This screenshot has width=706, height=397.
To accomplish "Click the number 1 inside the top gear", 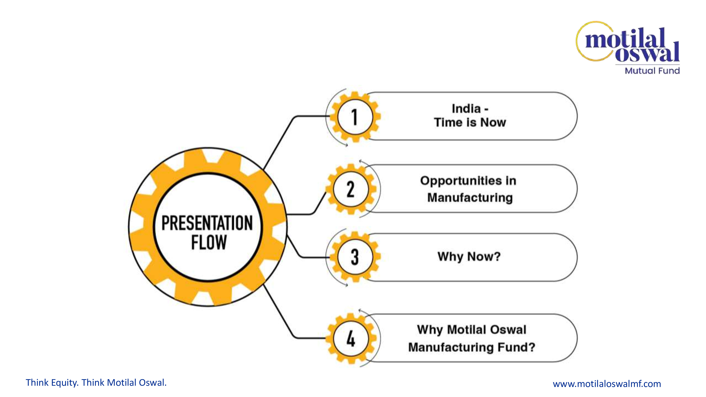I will click(x=355, y=117).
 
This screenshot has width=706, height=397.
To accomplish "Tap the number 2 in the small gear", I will click(x=351, y=189).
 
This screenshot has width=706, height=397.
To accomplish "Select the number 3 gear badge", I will click(x=355, y=257).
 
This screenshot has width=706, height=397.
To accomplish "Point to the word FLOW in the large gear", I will click(x=209, y=242).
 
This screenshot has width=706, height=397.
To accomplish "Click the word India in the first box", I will click(x=466, y=109).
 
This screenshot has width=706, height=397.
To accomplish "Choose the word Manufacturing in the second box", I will click(x=470, y=198).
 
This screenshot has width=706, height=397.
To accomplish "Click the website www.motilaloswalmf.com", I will click(x=607, y=384).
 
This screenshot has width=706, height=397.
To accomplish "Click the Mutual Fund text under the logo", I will click(x=652, y=71).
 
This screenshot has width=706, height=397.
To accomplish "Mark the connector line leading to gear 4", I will click(x=280, y=312).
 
